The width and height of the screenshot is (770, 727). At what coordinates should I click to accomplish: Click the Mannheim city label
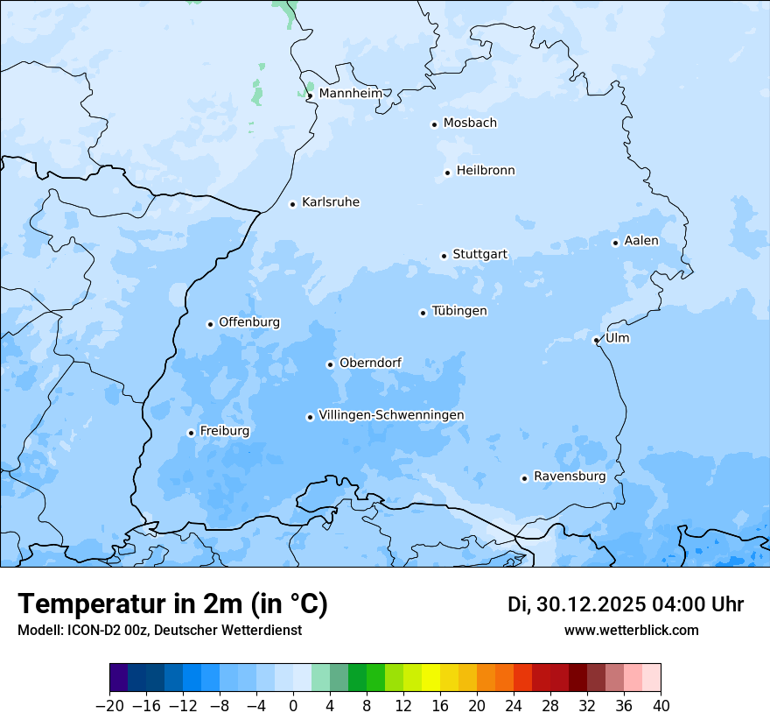[x=350, y=93]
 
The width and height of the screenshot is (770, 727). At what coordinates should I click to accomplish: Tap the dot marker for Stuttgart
[x=444, y=256]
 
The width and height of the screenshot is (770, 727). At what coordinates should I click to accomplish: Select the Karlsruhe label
[x=331, y=202]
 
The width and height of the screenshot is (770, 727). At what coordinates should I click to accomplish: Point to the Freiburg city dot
[x=191, y=433]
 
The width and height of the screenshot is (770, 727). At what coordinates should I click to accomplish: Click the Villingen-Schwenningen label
[x=391, y=415]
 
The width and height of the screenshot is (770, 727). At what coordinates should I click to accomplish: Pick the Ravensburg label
[x=570, y=476]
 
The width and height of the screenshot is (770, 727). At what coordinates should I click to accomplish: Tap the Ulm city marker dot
[x=596, y=340]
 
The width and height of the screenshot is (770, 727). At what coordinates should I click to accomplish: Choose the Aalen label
[x=641, y=241]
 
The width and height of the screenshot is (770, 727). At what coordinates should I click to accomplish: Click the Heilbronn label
[x=486, y=171]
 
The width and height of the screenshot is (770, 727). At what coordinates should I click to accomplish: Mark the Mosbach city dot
[x=434, y=124]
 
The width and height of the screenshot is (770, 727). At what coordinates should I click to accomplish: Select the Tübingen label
[x=459, y=311]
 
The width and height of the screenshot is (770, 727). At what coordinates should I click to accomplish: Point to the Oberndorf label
[x=370, y=363]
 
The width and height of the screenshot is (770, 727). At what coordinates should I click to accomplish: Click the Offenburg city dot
[x=210, y=324]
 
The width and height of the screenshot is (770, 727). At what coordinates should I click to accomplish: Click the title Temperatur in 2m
[x=172, y=604]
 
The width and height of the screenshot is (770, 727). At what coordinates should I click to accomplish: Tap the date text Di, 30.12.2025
[x=574, y=604]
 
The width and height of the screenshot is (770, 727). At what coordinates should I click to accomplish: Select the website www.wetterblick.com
[x=631, y=630]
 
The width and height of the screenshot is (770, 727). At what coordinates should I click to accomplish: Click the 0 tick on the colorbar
[x=293, y=706]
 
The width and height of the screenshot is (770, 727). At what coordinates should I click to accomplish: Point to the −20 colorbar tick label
[x=109, y=706]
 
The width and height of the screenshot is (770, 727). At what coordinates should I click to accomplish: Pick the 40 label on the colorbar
[x=661, y=706]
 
